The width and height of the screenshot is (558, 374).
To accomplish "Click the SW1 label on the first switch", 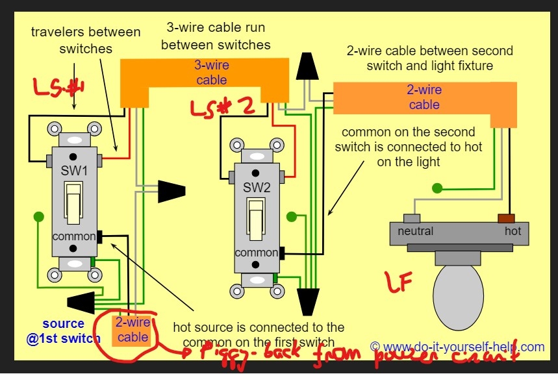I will (75, 171).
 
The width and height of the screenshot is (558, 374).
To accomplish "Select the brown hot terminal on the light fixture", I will (506, 219).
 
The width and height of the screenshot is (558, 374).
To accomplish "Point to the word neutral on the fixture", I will (414, 231).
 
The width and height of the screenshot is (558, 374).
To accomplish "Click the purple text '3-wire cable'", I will (211, 72).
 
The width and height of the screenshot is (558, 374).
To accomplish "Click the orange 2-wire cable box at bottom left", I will (133, 329).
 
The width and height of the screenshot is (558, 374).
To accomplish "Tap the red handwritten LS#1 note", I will (58, 89).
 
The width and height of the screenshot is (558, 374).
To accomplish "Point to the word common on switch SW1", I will (74, 236).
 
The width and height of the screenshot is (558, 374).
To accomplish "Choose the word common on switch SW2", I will (257, 253).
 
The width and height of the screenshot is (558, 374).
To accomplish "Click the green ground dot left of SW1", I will (39, 216).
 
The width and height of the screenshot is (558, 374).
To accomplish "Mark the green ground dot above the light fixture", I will (438, 189).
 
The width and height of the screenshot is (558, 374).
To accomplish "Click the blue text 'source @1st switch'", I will (63, 330).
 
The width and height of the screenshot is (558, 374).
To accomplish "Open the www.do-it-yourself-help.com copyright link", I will (457, 347).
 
